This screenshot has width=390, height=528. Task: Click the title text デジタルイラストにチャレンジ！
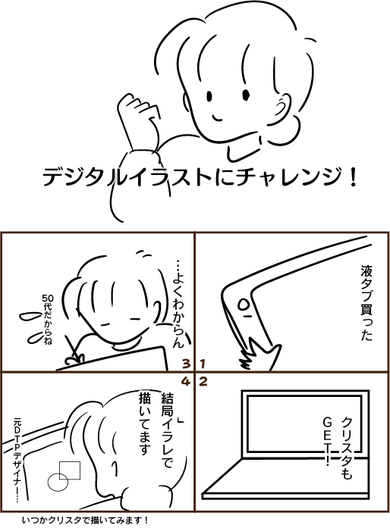point(200,177)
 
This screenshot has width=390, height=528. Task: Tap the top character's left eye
point(209,96)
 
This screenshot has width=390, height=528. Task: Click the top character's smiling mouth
point(216,118)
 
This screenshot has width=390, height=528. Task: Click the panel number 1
point(203,364)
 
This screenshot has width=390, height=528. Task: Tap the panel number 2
point(203,382)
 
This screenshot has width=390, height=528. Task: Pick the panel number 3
point(186,364)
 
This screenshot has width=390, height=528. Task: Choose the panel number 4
point(186,382)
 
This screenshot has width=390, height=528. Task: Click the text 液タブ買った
point(366,303)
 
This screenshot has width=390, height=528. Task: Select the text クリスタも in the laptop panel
point(347,448)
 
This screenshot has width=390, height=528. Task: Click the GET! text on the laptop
point(328,441)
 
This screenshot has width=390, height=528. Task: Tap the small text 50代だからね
point(47,319)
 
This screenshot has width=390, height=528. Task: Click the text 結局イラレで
point(168,430)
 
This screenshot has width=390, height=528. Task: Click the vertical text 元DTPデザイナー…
point(17,460)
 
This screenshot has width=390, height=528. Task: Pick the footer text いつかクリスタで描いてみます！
point(85,520)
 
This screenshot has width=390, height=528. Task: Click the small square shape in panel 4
point(70,470)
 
